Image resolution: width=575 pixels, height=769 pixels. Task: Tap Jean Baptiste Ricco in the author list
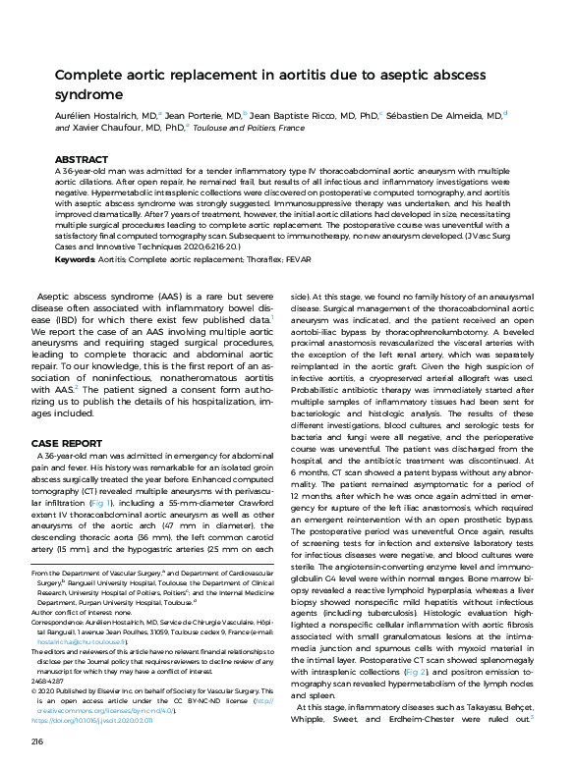coord(298,116)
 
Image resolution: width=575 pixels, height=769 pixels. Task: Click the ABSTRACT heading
coord(82,159)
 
